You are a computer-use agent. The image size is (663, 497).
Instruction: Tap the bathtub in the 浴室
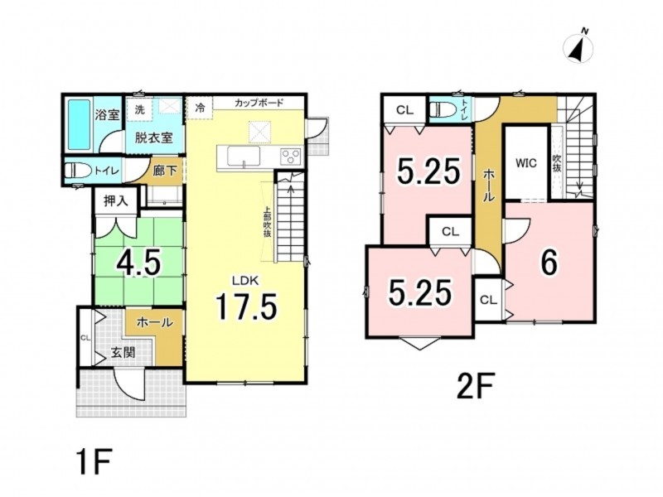pos(79,124)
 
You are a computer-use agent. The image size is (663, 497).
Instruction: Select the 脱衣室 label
pos(154,138)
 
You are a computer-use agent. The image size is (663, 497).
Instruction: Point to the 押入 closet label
pos(116,201)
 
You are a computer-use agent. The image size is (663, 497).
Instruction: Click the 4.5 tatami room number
pos(138,262)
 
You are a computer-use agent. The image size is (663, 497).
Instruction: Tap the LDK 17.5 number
pos(246,306)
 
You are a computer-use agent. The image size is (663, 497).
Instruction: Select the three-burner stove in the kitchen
pos(291,157)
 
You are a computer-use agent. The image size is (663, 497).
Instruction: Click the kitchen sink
pos(244,157)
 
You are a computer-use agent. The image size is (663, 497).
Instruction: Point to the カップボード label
pos(259,103)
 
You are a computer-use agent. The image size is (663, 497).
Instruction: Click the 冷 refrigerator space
pos(200,109)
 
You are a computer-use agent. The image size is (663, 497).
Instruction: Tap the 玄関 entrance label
pos(123,352)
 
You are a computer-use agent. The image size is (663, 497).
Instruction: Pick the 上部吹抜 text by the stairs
pos(268,222)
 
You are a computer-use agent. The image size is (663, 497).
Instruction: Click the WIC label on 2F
pos(526,163)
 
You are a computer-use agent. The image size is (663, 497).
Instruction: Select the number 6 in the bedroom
pos(549,262)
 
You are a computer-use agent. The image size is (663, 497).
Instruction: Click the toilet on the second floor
pos(443,110)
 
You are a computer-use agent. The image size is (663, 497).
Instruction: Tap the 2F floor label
pos(475,385)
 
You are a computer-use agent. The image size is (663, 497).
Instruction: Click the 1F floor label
pos(94,462)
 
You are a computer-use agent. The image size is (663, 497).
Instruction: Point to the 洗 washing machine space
pos(140,109)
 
